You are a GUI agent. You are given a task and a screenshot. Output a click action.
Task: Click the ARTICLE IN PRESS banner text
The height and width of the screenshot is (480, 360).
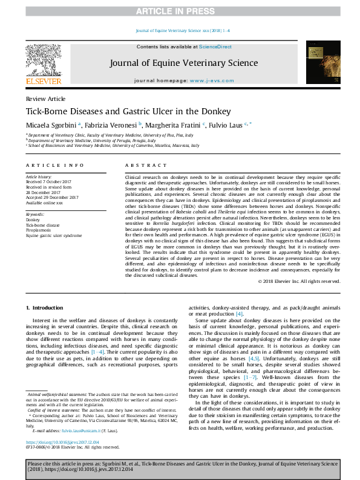click(x=180, y=11)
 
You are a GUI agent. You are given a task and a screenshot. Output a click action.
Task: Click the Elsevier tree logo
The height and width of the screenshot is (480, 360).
click(x=42, y=60)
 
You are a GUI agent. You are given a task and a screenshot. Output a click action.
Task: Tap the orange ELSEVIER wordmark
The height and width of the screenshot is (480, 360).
click(x=42, y=82)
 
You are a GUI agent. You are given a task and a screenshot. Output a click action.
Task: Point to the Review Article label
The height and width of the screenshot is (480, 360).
click(x=45, y=99)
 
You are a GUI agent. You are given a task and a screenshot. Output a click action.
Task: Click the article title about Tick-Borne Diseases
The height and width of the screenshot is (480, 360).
click(x=119, y=112)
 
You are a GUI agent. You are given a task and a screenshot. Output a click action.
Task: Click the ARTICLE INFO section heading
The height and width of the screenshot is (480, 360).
click(x=54, y=165)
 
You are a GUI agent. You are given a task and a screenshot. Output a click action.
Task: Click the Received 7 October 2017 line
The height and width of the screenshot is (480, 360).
click(x=49, y=181)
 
